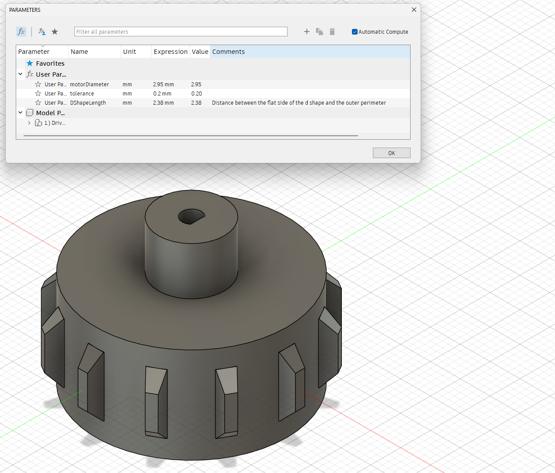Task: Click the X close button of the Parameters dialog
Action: (414, 10)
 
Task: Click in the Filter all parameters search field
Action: (180, 32)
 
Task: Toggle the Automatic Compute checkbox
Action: (355, 32)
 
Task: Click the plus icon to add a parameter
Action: (306, 32)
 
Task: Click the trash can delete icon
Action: (332, 32)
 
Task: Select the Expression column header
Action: (170, 52)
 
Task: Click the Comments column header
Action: (228, 52)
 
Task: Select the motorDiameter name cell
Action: (89, 85)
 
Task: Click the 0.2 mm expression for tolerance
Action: (162, 94)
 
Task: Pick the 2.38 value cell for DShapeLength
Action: (196, 103)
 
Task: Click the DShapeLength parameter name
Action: (88, 103)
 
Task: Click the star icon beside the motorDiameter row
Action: (38, 85)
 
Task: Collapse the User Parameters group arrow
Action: (21, 74)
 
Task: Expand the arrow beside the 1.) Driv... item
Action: (29, 123)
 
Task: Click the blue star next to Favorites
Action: (30, 64)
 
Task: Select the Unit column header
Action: (130, 52)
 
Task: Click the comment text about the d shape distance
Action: (299, 103)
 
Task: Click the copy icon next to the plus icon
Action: (320, 32)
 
